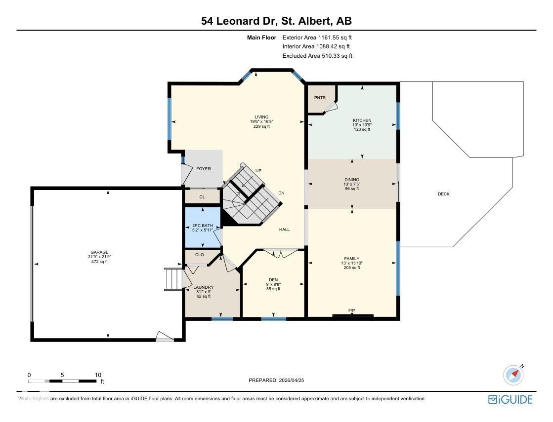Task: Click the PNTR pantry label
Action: point(320,98)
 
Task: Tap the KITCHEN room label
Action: point(362,120)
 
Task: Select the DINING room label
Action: point(352,180)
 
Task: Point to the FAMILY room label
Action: point(352,259)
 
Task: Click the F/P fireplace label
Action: point(352,310)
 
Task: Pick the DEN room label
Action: point(273,280)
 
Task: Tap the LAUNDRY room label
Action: point(204,287)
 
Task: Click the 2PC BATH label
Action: point(203,226)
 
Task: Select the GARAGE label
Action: point(99,252)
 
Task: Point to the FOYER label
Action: point(204,169)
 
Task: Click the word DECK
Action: point(444,194)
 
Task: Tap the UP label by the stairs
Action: point(258,171)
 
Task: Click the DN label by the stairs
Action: point(281,193)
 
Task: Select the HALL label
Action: point(284,230)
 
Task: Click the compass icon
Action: point(513,375)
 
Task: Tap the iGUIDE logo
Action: point(510,399)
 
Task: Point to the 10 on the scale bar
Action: point(98,375)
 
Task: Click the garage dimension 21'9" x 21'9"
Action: point(99,257)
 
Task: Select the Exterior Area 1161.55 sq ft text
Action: point(317,38)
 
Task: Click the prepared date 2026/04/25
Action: point(291,381)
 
